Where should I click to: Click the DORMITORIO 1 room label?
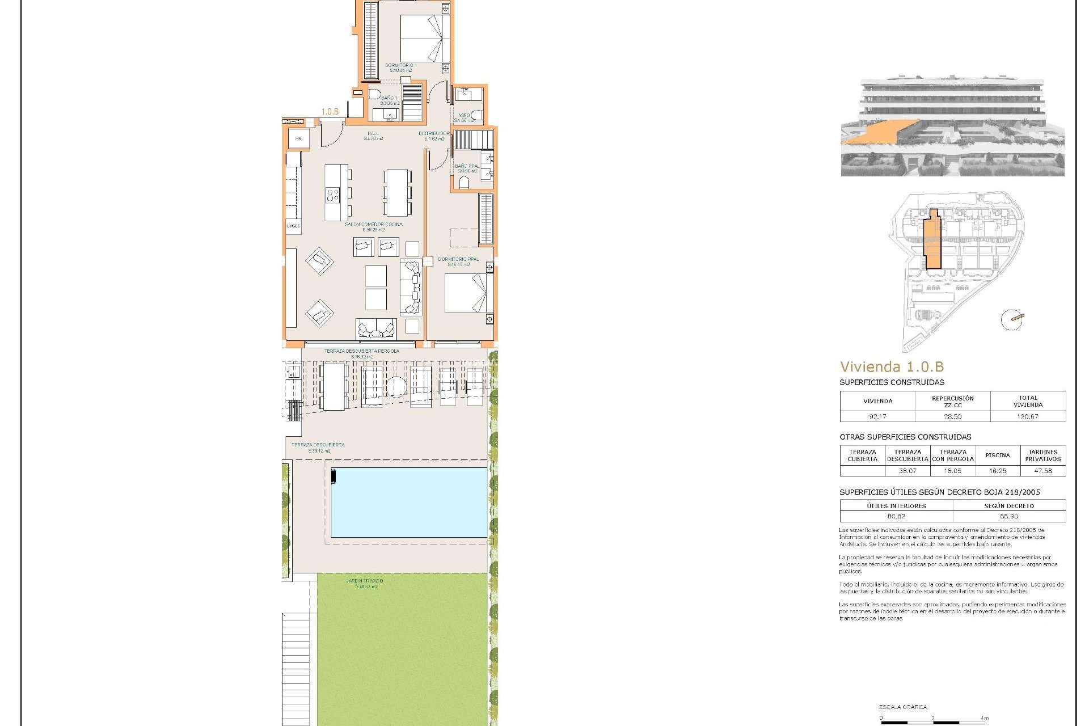[400, 66]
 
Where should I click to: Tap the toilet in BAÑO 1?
[374, 94]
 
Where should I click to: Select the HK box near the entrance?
[298, 139]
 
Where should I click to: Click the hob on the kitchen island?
[333, 196]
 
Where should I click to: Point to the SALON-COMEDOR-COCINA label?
[374, 225]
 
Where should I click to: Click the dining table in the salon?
[397, 192]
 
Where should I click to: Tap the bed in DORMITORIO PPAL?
[465, 293]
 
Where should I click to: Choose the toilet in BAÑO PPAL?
[464, 182]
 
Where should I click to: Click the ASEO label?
[463, 116]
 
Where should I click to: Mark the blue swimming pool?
[409, 502]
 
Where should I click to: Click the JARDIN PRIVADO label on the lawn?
[365, 581]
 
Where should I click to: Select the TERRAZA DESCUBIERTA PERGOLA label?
[362, 351]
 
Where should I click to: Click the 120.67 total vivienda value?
[1028, 416]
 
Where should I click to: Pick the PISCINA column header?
[998, 455]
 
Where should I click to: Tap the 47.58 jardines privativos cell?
[1042, 471]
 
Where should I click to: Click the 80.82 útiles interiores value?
[896, 516]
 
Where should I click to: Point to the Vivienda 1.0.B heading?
[892, 367]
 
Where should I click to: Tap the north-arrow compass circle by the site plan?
[1012, 320]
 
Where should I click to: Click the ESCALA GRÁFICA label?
[903, 707]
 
